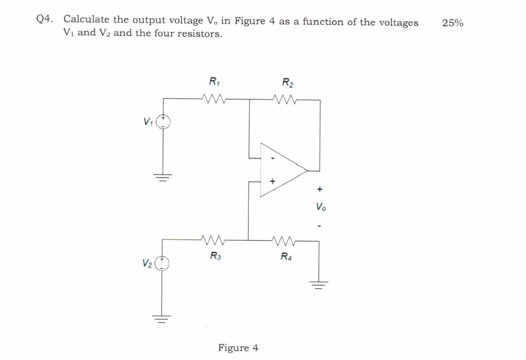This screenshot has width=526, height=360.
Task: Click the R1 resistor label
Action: point(214,81)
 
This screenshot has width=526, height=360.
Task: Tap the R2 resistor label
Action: point(288,82)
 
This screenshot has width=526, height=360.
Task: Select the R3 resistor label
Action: point(216,256)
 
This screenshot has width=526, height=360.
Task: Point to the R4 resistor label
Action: point(287,256)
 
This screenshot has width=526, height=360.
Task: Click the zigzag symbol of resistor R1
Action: point(213,98)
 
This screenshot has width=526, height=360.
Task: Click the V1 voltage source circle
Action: point(163,122)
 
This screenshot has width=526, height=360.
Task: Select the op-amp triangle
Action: point(280,170)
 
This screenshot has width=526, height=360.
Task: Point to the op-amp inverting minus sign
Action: point(273,158)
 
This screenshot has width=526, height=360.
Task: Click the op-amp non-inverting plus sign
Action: point(273,181)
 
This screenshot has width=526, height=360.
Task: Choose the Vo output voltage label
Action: point(321,207)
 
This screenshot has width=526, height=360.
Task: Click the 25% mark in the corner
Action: point(452,23)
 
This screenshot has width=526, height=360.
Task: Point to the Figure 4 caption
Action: point(238,348)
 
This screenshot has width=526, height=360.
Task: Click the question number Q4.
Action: point(45,20)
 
